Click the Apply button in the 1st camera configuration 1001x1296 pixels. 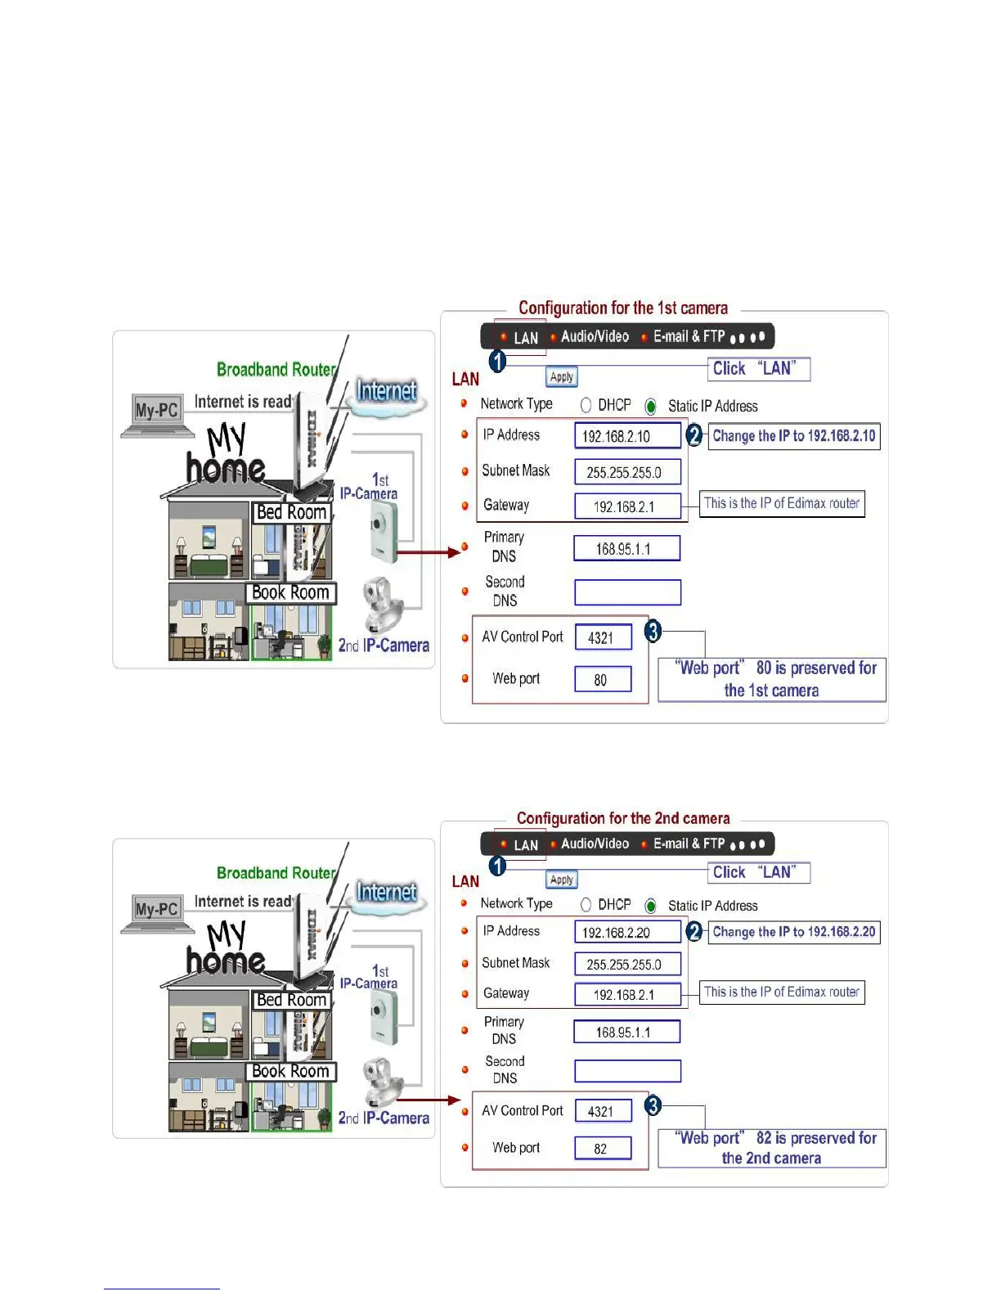[562, 377]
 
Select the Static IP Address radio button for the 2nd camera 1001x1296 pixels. [651, 906]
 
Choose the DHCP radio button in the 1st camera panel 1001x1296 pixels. [586, 406]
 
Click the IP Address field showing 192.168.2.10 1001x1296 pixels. [627, 436]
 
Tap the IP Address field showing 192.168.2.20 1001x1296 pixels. [627, 932]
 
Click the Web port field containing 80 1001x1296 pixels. [603, 679]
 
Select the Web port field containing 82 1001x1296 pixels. [603, 1148]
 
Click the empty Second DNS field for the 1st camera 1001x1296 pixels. [627, 592]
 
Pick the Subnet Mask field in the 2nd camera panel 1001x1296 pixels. [627, 964]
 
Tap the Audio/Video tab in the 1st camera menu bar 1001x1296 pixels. [595, 336]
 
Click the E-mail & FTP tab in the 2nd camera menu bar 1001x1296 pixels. [689, 844]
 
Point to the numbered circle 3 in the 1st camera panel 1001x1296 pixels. [653, 631]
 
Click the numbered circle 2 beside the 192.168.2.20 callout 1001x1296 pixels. [694, 931]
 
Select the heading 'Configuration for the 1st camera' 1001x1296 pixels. [623, 308]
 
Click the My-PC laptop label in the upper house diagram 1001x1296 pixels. [156, 410]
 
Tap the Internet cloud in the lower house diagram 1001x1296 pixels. [387, 893]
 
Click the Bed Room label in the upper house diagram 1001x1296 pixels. [291, 512]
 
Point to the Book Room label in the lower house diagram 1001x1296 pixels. [291, 1071]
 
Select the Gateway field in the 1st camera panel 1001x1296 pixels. [627, 506]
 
